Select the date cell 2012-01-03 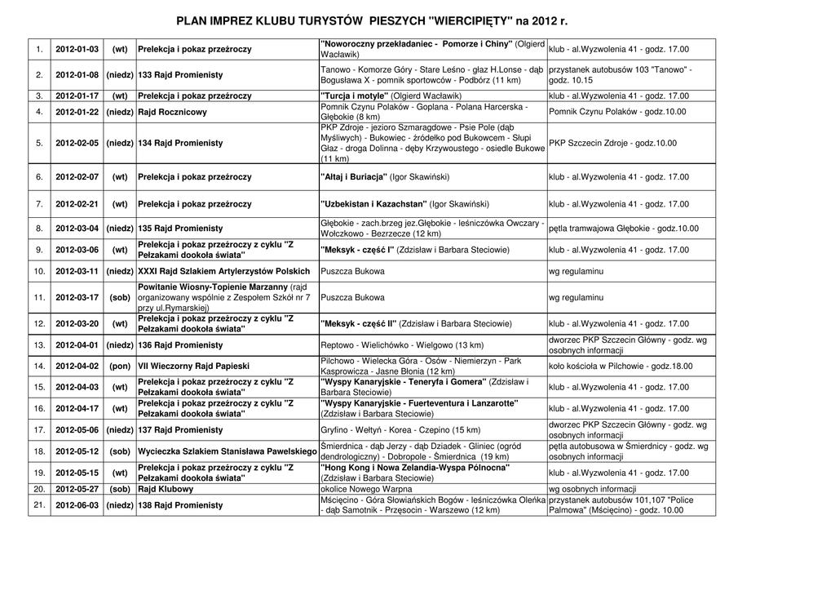point(77,50)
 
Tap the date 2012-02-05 point(77,143)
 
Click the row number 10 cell point(39,271)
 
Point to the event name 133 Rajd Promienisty point(180,75)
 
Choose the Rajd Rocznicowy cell point(172,112)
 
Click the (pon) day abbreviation point(120,367)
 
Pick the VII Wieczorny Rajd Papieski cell point(193,367)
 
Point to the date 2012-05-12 point(77,451)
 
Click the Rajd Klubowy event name point(166,490)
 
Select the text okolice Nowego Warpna point(364,490)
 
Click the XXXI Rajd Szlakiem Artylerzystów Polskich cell point(224,271)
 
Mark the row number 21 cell point(39,505)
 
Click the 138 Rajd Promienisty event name point(180,505)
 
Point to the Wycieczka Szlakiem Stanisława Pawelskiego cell point(227,451)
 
